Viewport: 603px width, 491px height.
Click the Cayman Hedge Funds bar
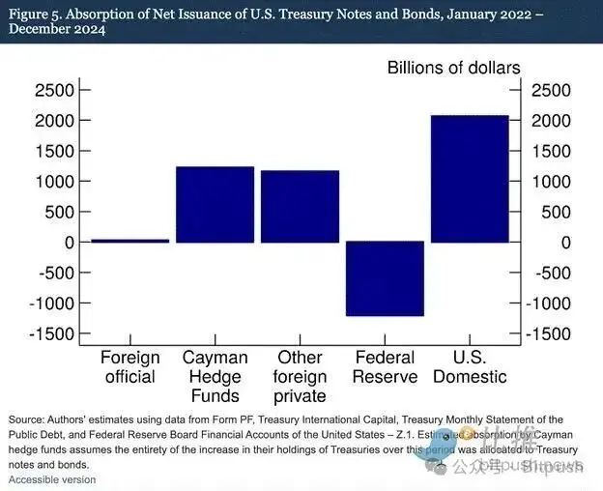point(215,204)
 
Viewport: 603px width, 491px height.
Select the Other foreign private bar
point(300,206)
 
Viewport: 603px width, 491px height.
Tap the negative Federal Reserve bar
point(385,278)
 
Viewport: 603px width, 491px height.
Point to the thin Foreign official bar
point(129,241)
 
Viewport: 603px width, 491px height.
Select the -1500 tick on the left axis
point(50,333)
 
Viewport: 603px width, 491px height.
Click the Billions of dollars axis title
point(453,68)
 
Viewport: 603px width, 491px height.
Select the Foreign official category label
point(129,367)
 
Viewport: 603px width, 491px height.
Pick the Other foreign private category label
point(300,376)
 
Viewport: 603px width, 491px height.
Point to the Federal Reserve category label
point(385,367)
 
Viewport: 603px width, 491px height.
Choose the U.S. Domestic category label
point(470,367)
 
